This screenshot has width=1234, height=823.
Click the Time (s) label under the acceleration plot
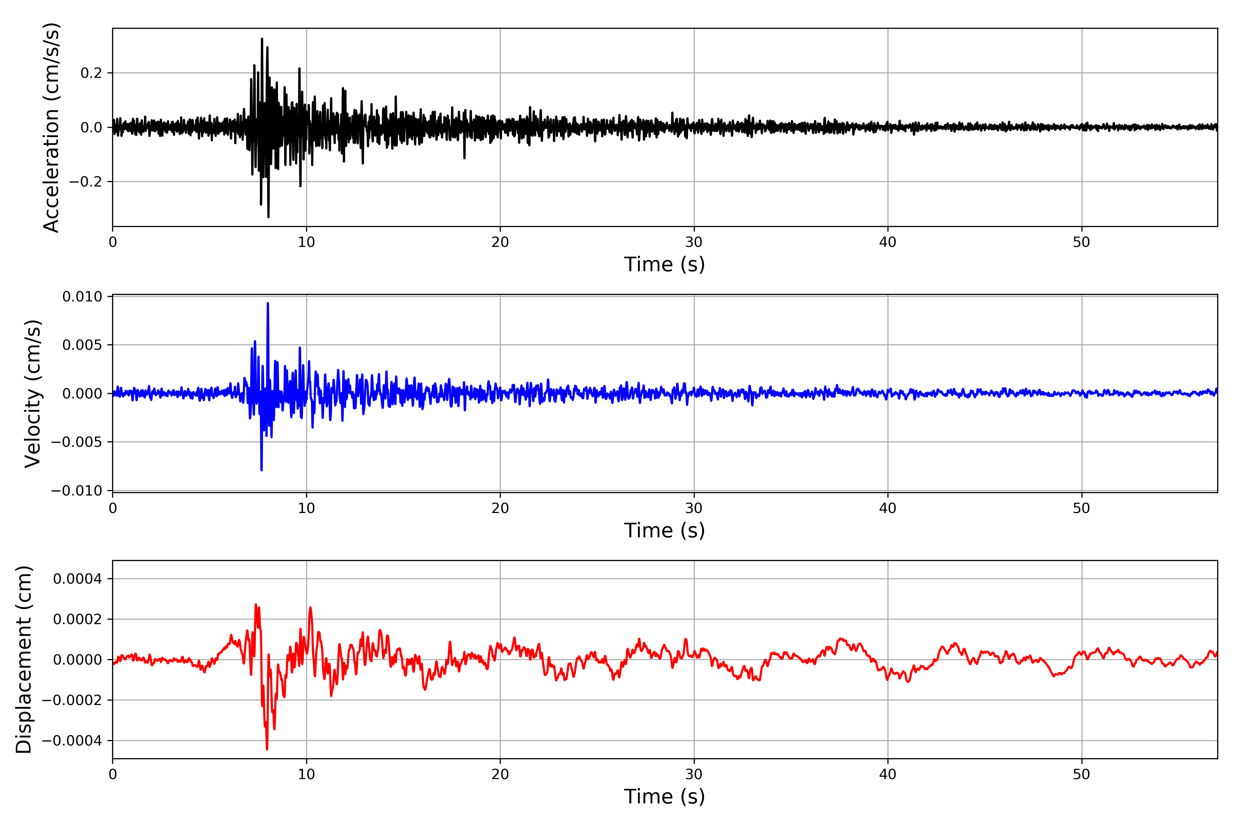click(664, 264)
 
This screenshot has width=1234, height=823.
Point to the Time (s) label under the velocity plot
click(664, 530)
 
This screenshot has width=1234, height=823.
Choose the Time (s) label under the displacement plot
click(664, 797)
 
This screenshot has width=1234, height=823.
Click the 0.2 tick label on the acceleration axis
click(91, 73)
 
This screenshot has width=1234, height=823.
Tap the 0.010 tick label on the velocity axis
click(82, 297)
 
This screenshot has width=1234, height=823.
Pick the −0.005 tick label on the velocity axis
click(76, 442)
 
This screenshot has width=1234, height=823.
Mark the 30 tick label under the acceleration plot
click(693, 242)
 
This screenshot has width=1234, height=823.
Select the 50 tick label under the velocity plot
click(1081, 509)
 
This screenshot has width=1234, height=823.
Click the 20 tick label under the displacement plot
click(500, 775)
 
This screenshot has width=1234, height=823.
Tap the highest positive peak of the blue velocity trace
click(268, 303)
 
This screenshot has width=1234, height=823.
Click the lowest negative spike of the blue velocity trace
click(261, 470)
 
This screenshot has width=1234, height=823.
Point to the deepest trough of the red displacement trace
click(267, 749)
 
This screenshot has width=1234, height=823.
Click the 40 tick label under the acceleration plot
click(888, 242)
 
